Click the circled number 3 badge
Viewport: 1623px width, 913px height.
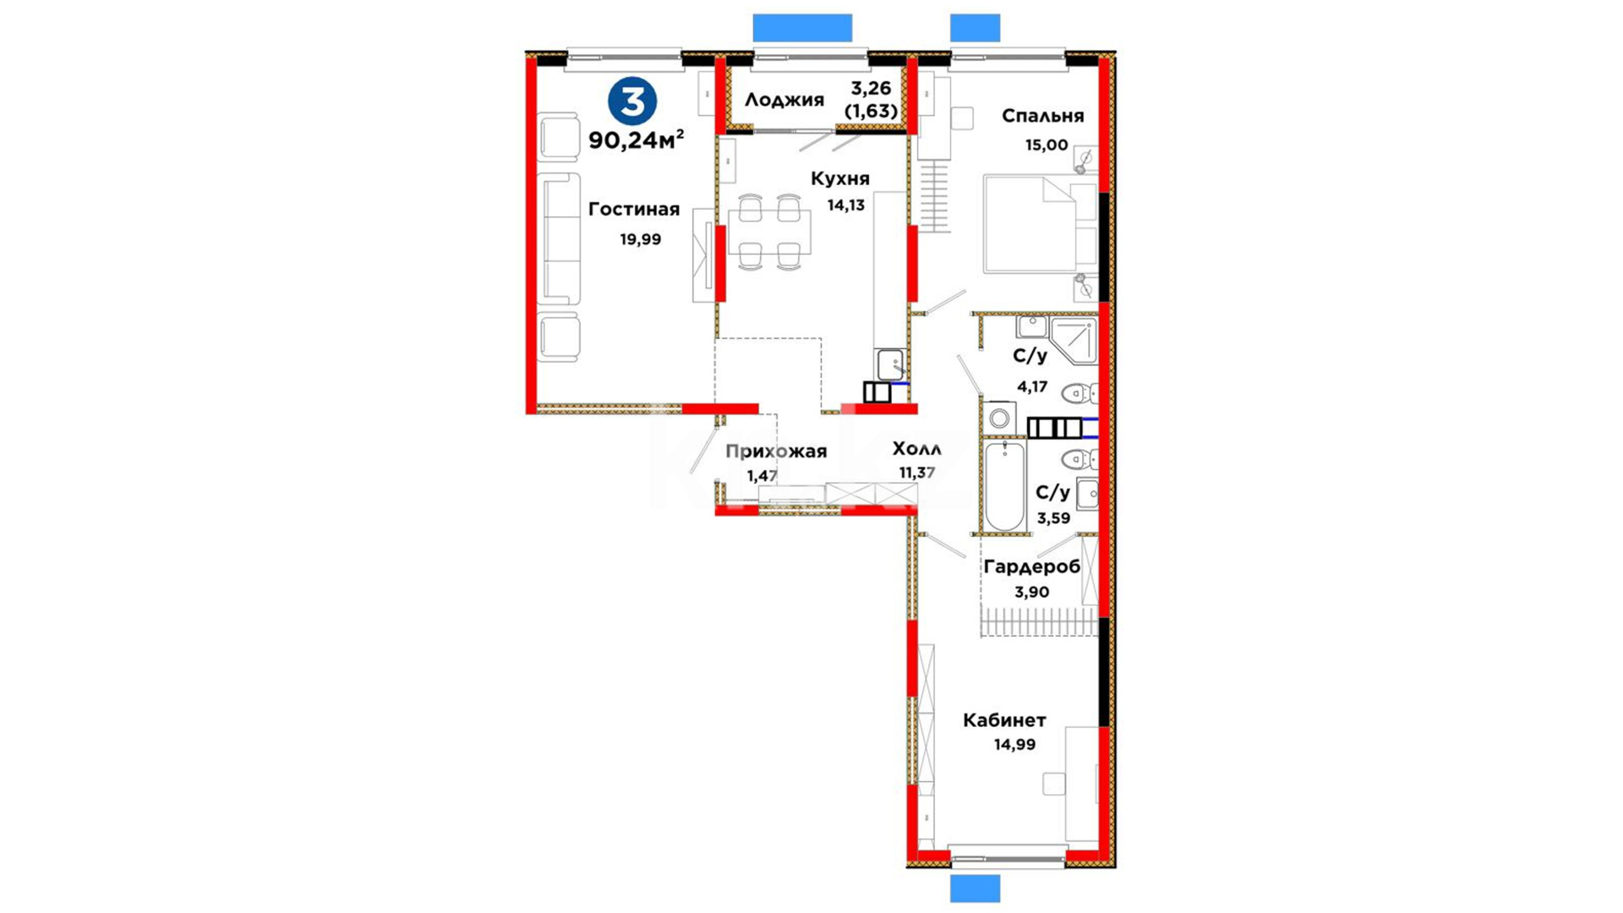point(632,101)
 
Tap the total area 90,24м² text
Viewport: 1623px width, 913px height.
point(637,139)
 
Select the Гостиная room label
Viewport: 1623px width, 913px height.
point(634,209)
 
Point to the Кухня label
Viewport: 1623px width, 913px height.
point(839,179)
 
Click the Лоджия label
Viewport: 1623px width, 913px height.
point(784,101)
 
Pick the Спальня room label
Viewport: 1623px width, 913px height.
point(1042,116)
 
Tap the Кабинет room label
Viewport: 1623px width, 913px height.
point(1004,720)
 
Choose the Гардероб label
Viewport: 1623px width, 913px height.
point(1031,566)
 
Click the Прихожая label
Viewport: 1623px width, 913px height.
point(776,451)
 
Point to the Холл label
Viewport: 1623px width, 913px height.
point(916,449)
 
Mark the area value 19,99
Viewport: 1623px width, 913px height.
point(641,239)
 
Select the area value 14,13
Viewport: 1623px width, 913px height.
point(845,205)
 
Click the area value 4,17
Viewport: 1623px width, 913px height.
point(1032,387)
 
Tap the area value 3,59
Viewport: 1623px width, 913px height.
point(1053,518)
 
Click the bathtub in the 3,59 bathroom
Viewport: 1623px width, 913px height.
point(1004,486)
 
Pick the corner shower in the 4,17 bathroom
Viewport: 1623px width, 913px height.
point(1074,340)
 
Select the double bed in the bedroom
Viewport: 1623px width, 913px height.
point(1040,224)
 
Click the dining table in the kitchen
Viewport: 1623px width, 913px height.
point(769,232)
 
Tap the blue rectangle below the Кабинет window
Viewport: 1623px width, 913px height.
point(975,888)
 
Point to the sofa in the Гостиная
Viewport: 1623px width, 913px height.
point(560,239)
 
